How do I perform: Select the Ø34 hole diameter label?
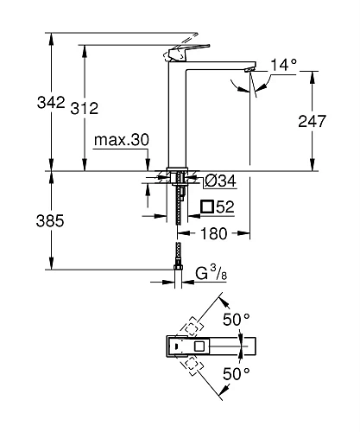pyautogui.click(x=222, y=180)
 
